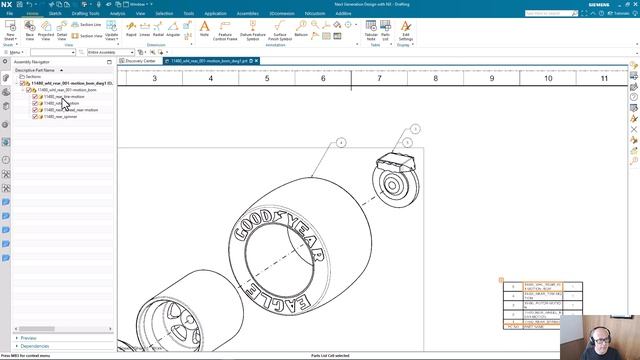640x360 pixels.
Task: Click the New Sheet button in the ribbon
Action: click(x=10, y=29)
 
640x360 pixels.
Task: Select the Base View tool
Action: click(x=29, y=29)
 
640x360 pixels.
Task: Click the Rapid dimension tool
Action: click(x=126, y=29)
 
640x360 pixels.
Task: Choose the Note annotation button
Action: click(x=204, y=29)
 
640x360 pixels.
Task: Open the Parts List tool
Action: click(x=386, y=29)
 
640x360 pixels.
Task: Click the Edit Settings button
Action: click(x=406, y=29)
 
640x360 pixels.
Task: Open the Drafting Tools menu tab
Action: click(x=86, y=13)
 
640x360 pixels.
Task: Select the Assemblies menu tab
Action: click(x=247, y=13)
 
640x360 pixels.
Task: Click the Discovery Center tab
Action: click(x=140, y=61)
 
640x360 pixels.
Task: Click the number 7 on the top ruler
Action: click(x=380, y=77)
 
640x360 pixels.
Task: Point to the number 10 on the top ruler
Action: click(x=548, y=77)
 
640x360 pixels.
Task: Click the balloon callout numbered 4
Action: click(x=340, y=143)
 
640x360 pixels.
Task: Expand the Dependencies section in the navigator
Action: click(x=35, y=346)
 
